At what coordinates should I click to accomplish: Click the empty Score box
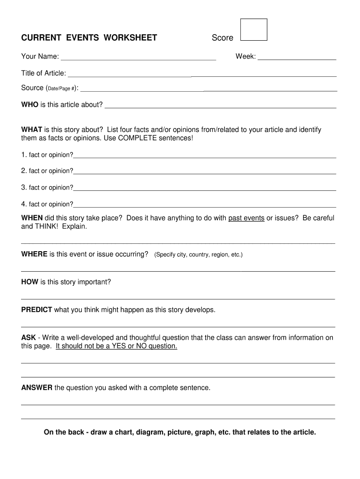(253, 30)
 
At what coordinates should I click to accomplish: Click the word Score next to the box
(223, 38)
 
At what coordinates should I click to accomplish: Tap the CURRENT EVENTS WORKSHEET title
(89, 38)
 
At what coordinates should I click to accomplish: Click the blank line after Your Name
(138, 59)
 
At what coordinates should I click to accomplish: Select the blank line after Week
(297, 59)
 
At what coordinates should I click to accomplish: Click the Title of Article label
(43, 73)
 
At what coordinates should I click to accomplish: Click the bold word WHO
(30, 104)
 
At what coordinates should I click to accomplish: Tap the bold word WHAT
(32, 130)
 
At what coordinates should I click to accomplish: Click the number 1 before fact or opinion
(23, 155)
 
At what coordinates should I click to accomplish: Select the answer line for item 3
(205, 190)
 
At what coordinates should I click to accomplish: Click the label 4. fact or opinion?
(47, 204)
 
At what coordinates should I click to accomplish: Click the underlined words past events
(246, 218)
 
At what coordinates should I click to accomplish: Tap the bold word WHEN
(32, 218)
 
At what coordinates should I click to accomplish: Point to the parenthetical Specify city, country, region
(198, 255)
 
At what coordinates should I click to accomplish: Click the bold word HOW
(30, 282)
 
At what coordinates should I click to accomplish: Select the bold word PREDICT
(36, 310)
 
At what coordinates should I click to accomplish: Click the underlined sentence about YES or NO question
(116, 346)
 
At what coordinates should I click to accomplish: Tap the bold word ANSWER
(37, 388)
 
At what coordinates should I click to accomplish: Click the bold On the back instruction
(180, 432)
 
